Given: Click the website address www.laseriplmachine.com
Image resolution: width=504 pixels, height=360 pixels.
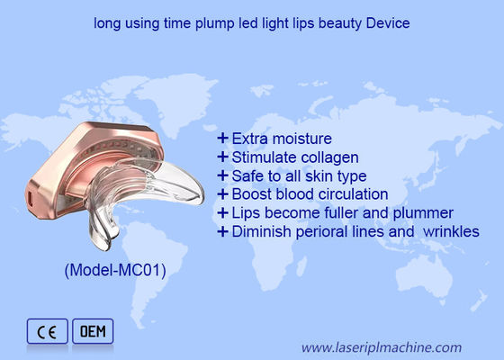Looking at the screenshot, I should pos(382,346).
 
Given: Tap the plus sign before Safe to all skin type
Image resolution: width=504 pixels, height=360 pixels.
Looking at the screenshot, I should pos(222,175).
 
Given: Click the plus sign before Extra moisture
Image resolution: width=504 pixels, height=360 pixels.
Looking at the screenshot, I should pos(222,139).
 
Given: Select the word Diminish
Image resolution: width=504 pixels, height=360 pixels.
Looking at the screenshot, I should pos(262,230).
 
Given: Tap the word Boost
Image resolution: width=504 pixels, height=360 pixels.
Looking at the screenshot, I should pos(250,193).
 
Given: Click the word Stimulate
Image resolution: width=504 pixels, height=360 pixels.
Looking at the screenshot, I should pos(262,157).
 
